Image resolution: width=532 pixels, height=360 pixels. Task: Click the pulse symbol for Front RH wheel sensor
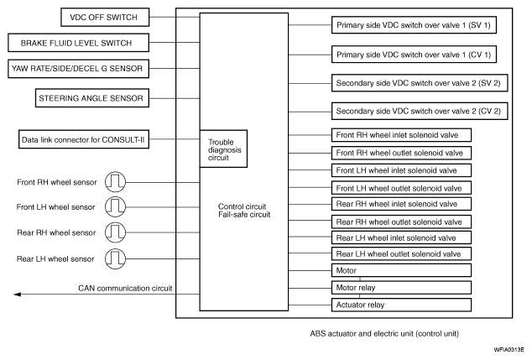pyautogui.click(x=114, y=182)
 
